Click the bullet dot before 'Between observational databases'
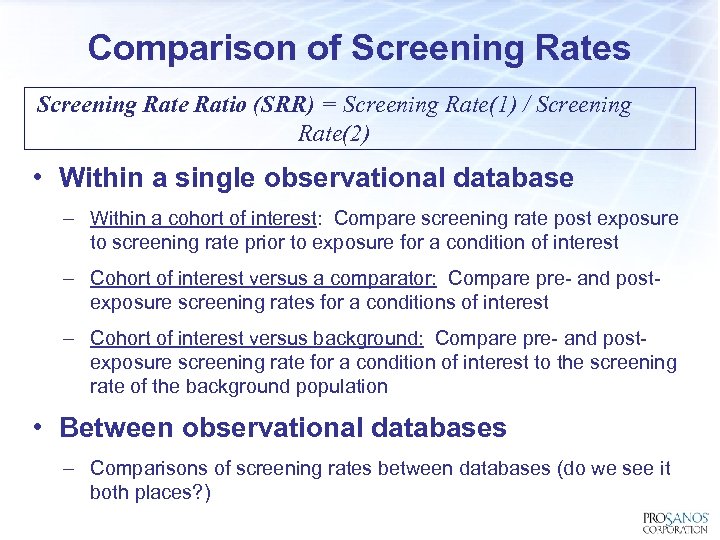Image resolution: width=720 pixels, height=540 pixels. click(36, 427)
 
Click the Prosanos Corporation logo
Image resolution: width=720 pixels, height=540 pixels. click(674, 522)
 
